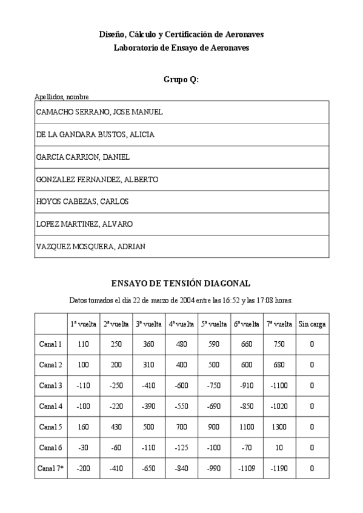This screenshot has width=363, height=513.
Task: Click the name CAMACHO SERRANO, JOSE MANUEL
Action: [x=99, y=113]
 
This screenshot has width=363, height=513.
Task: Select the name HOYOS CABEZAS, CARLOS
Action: [x=82, y=201]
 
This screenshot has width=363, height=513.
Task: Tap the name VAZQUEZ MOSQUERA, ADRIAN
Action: [x=91, y=246]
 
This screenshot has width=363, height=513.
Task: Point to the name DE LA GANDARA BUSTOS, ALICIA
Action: [x=95, y=135]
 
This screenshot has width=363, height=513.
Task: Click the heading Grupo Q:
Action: [x=181, y=80]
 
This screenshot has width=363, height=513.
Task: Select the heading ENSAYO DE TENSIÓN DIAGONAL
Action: [x=181, y=283]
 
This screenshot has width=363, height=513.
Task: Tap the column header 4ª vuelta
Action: [x=181, y=324]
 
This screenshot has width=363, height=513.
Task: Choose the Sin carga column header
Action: [x=312, y=324]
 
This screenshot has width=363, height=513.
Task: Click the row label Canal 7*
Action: [x=50, y=468]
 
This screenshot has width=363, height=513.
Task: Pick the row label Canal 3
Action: [x=50, y=385]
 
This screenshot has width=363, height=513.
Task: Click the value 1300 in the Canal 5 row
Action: [x=279, y=427]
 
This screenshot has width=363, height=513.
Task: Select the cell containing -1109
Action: [x=247, y=468]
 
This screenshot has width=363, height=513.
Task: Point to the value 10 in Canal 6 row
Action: [x=279, y=448]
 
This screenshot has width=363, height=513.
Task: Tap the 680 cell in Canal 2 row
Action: [x=279, y=365]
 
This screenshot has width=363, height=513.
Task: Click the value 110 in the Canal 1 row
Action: [x=83, y=344]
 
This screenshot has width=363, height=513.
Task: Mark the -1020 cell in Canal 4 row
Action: [x=279, y=407]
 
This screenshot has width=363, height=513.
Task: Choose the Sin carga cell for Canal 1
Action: [x=312, y=344]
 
